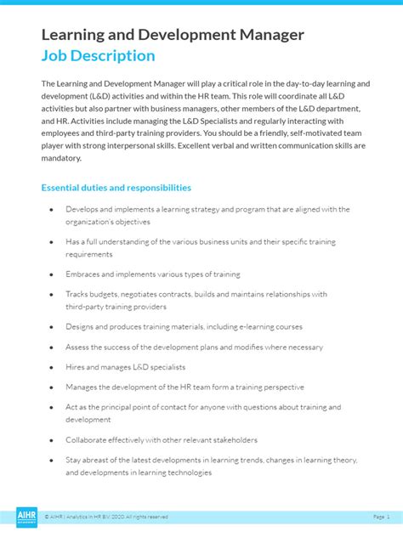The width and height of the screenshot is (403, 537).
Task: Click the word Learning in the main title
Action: [x=72, y=35]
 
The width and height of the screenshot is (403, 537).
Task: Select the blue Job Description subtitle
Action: [x=98, y=56]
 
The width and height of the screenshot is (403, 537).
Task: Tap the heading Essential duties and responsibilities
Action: [x=116, y=188]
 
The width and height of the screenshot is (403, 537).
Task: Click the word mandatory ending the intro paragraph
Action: [x=60, y=158]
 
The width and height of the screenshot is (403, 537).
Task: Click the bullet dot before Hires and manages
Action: [x=51, y=367]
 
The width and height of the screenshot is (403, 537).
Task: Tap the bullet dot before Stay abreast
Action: [x=51, y=460]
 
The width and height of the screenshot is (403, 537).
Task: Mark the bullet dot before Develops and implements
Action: [x=51, y=209]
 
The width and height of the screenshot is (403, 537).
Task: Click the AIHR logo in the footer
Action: [x=27, y=517]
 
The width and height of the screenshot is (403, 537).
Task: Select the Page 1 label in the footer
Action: [x=380, y=517]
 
